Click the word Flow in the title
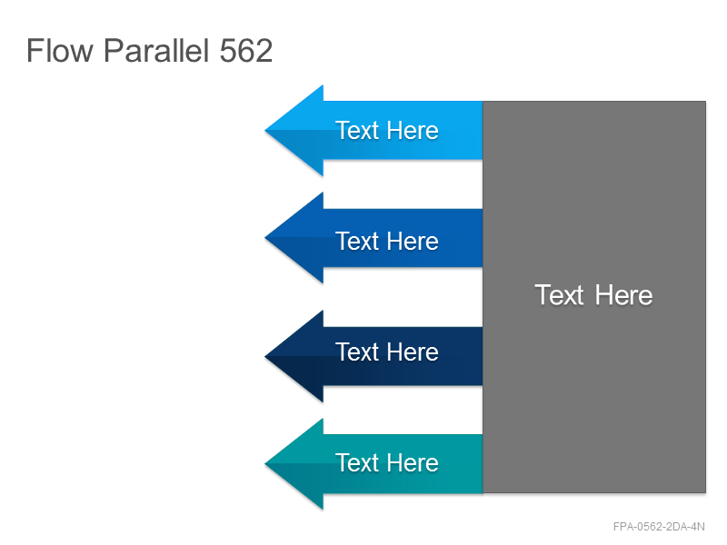pyautogui.click(x=60, y=50)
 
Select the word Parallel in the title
pyautogui.click(x=156, y=50)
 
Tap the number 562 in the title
pyautogui.click(x=245, y=51)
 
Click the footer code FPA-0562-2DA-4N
pyautogui.click(x=659, y=527)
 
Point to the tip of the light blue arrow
pyautogui.click(x=264, y=131)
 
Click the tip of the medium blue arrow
pyautogui.click(x=264, y=238)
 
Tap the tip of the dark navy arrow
pyautogui.click(x=264, y=356)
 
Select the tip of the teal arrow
pyautogui.click(x=264, y=463)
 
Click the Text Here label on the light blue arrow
pyautogui.click(x=387, y=130)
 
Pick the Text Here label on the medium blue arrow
pyautogui.click(x=387, y=241)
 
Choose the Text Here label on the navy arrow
pyautogui.click(x=387, y=352)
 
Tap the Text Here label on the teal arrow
pyautogui.click(x=387, y=462)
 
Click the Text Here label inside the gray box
pyautogui.click(x=594, y=294)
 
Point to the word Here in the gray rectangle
pyautogui.click(x=624, y=294)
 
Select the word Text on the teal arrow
pyautogui.click(x=358, y=462)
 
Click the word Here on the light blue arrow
pyautogui.click(x=413, y=130)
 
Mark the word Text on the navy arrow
pyautogui.click(x=358, y=352)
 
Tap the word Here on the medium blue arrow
pyautogui.click(x=413, y=241)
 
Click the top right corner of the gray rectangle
pyautogui.click(x=706, y=102)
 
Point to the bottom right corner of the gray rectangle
pyautogui.click(x=706, y=492)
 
